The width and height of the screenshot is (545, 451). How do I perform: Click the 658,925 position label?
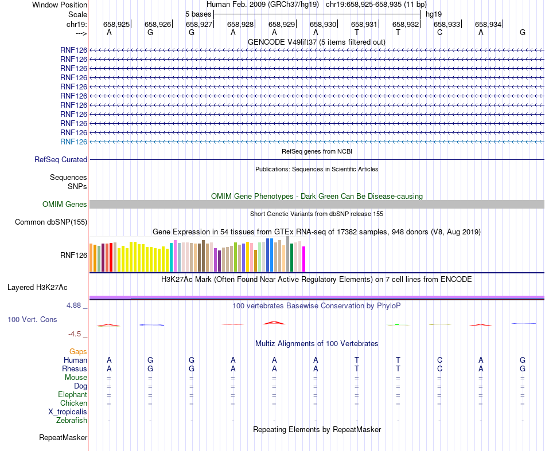(x=116, y=24)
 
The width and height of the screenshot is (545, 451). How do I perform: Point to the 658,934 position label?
(x=488, y=24)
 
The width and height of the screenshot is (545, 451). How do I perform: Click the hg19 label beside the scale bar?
(x=434, y=13)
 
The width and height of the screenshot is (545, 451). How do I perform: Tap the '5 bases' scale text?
(x=198, y=13)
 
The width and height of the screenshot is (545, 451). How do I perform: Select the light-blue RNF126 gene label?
(x=73, y=142)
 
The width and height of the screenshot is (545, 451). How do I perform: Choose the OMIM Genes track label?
(x=65, y=205)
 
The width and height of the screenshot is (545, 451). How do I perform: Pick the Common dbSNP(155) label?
(x=51, y=222)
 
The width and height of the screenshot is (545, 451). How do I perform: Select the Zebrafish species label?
(x=72, y=421)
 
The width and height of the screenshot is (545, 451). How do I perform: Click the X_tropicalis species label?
(x=68, y=412)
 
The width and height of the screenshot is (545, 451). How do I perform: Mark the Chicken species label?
(x=73, y=403)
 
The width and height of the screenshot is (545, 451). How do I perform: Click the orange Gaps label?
(x=78, y=351)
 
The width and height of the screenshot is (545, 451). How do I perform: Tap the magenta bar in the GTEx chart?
(x=304, y=259)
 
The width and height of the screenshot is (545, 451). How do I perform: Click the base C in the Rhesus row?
(x=439, y=369)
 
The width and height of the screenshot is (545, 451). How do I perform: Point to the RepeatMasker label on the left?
(x=63, y=438)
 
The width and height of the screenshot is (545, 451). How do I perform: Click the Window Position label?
(x=60, y=5)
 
